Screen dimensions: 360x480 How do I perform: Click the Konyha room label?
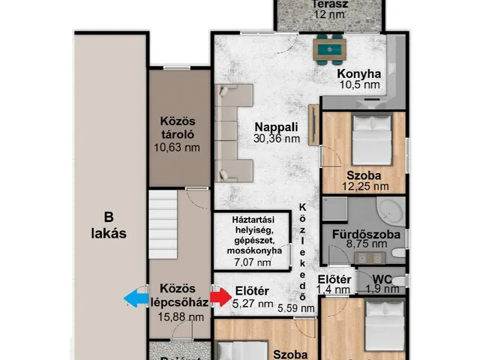pyautogui.click(x=358, y=73)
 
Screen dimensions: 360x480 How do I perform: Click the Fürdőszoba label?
pyautogui.click(x=370, y=234)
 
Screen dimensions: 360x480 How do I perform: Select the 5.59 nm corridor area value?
pyautogui.click(x=295, y=307)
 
